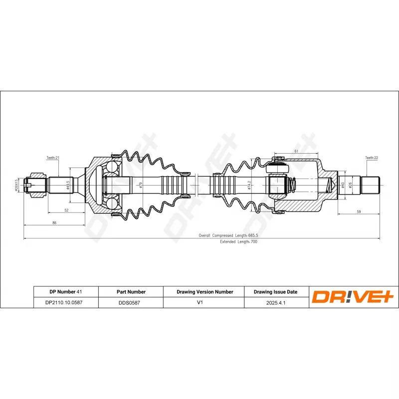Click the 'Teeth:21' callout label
[x=53, y=158]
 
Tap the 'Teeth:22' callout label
[x=372, y=158]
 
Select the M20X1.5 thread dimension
[x=16, y=185]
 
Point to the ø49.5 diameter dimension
[x=67, y=186]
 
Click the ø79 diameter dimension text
[x=141, y=186]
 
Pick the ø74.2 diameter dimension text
[x=249, y=186]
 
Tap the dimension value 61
[x=296, y=151]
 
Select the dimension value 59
[x=359, y=211]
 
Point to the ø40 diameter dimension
[x=343, y=185]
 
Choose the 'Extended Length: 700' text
[x=238, y=241]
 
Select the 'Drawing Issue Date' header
[x=275, y=292]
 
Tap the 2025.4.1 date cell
[x=275, y=302]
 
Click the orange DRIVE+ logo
[x=353, y=297]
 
